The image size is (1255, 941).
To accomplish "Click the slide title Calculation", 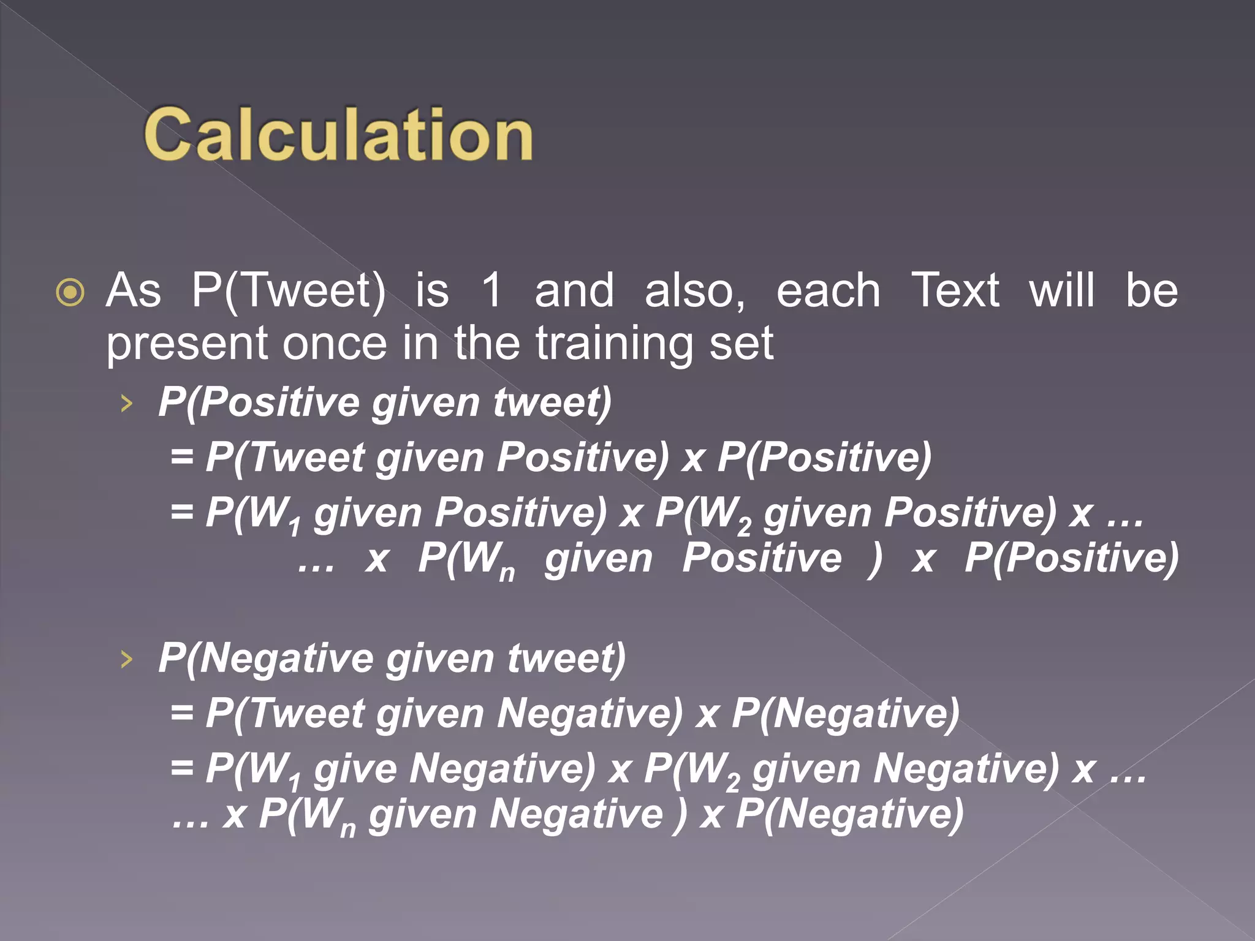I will tap(338, 134).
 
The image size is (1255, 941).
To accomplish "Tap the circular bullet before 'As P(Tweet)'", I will tap(70, 292).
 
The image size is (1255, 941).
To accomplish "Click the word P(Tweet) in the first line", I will tap(289, 290).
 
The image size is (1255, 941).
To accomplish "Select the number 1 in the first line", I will tap(491, 290).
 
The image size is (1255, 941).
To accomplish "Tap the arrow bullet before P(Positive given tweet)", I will tap(126, 403).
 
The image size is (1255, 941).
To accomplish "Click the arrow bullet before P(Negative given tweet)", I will tap(126, 659).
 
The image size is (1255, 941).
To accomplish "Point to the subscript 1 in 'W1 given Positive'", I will tap(295, 526).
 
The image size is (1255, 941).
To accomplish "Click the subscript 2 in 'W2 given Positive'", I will tap(744, 526).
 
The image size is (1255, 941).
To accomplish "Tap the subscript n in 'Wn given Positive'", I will tap(507, 573).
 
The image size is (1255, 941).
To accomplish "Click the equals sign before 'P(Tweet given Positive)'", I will tap(182, 457).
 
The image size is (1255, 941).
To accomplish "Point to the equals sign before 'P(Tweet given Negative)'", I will tap(182, 713).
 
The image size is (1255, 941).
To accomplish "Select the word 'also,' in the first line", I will tap(695, 290).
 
